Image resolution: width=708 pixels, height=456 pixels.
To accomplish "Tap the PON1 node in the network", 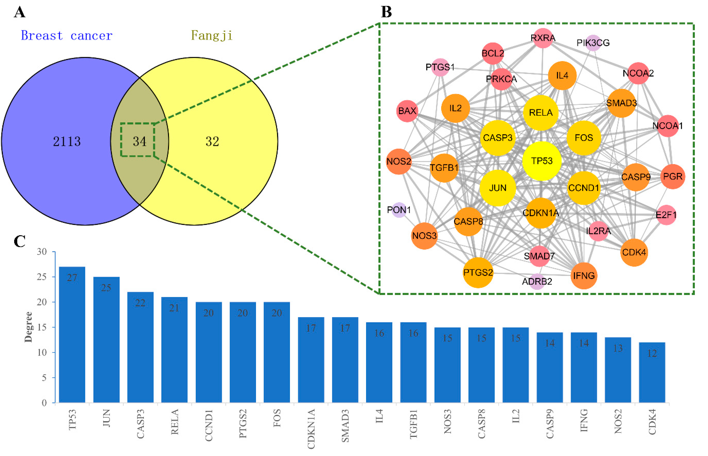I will [x=399, y=210].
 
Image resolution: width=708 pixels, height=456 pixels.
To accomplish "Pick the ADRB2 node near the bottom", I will [x=537, y=281].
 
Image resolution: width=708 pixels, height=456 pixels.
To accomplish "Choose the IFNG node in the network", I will [x=584, y=276].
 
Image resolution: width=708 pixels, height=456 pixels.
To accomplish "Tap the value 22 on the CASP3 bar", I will [x=140, y=303].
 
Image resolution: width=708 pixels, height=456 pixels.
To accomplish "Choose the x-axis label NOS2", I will [x=618, y=421].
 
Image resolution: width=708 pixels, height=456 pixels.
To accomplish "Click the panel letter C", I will [x=20, y=241].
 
